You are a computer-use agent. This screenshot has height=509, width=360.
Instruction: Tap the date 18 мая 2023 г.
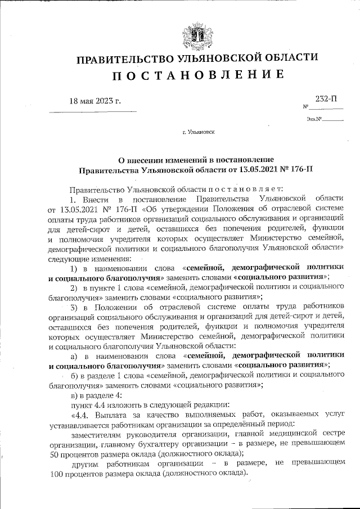click(x=95, y=101)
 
